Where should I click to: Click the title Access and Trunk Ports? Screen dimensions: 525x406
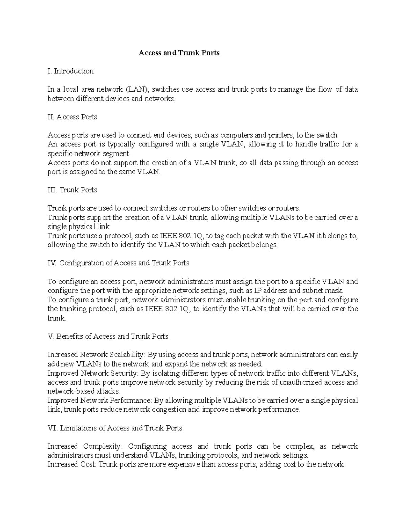(x=179, y=53)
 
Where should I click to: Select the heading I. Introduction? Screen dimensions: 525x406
(x=71, y=71)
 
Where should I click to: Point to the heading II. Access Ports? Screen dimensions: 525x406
(x=72, y=117)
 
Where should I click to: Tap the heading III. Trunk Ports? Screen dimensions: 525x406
(x=72, y=190)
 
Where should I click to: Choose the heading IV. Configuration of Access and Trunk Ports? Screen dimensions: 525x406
(x=118, y=263)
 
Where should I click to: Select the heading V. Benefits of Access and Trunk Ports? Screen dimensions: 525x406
(x=108, y=336)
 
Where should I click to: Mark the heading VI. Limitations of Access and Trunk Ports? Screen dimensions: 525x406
(x=115, y=428)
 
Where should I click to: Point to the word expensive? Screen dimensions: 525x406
(x=183, y=464)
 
